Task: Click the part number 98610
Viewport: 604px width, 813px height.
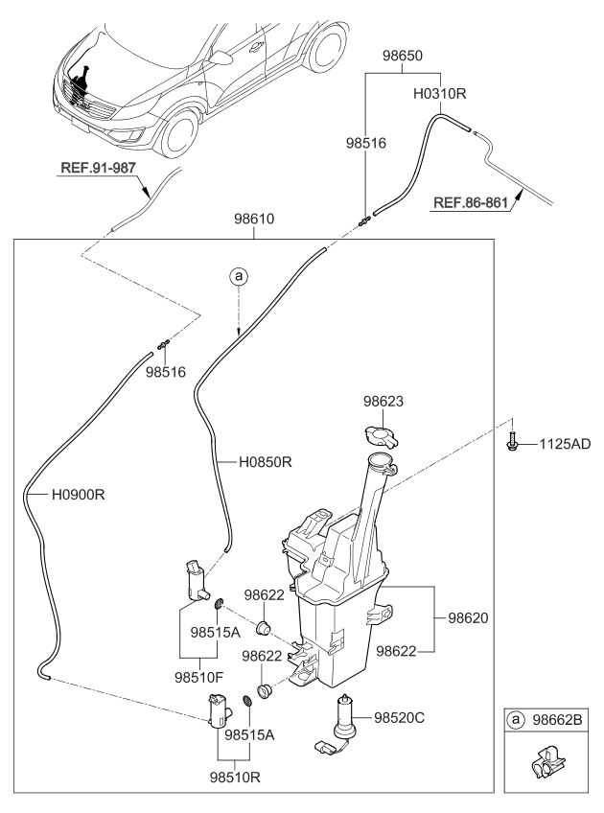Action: (x=253, y=220)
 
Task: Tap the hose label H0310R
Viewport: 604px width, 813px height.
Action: (x=440, y=97)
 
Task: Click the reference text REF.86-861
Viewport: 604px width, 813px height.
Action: (x=471, y=202)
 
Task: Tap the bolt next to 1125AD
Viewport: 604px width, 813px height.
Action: (x=513, y=444)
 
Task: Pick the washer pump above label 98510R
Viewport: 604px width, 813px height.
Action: (x=218, y=711)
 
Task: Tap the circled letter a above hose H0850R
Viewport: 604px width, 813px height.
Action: (x=238, y=277)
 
